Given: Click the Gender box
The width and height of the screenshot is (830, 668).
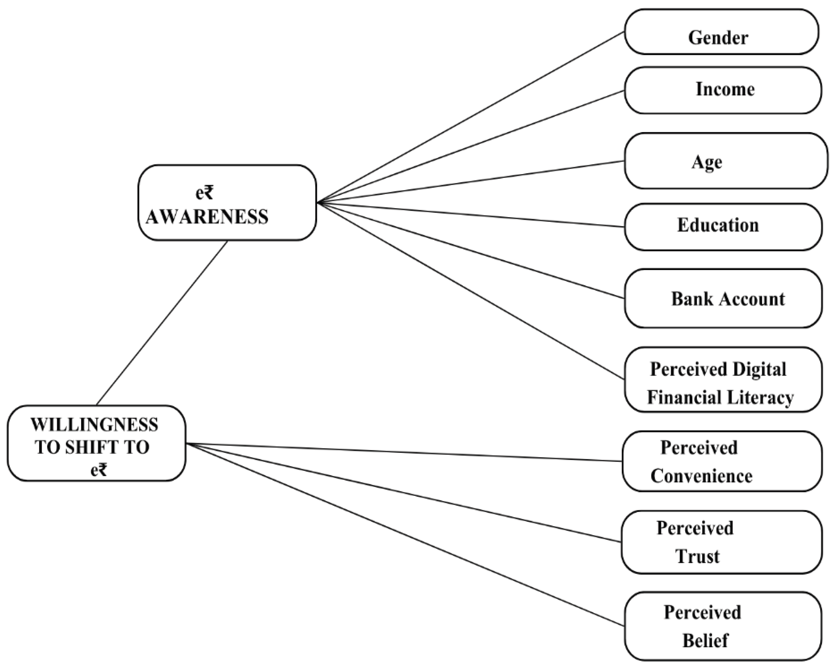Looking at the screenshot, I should point(721,32).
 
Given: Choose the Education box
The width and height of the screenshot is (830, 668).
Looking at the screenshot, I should point(722,227).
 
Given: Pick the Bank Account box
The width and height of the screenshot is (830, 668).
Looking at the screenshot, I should point(722,299).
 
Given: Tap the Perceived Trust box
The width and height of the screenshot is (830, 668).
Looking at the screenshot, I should point(721,542).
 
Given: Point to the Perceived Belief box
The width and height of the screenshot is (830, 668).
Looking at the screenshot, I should point(722,626).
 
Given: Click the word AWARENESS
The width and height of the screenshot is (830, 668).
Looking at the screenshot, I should point(207,217).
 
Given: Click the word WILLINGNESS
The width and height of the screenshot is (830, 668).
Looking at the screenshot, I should point(94,426).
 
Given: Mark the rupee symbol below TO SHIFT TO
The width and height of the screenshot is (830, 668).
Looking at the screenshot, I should point(103,471).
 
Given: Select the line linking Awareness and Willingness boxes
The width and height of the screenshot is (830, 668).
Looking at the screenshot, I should point(162,323).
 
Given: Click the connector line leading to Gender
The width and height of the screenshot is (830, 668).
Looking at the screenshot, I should point(470,117).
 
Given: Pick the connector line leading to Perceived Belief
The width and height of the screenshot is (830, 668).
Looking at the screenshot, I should point(404,535).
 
